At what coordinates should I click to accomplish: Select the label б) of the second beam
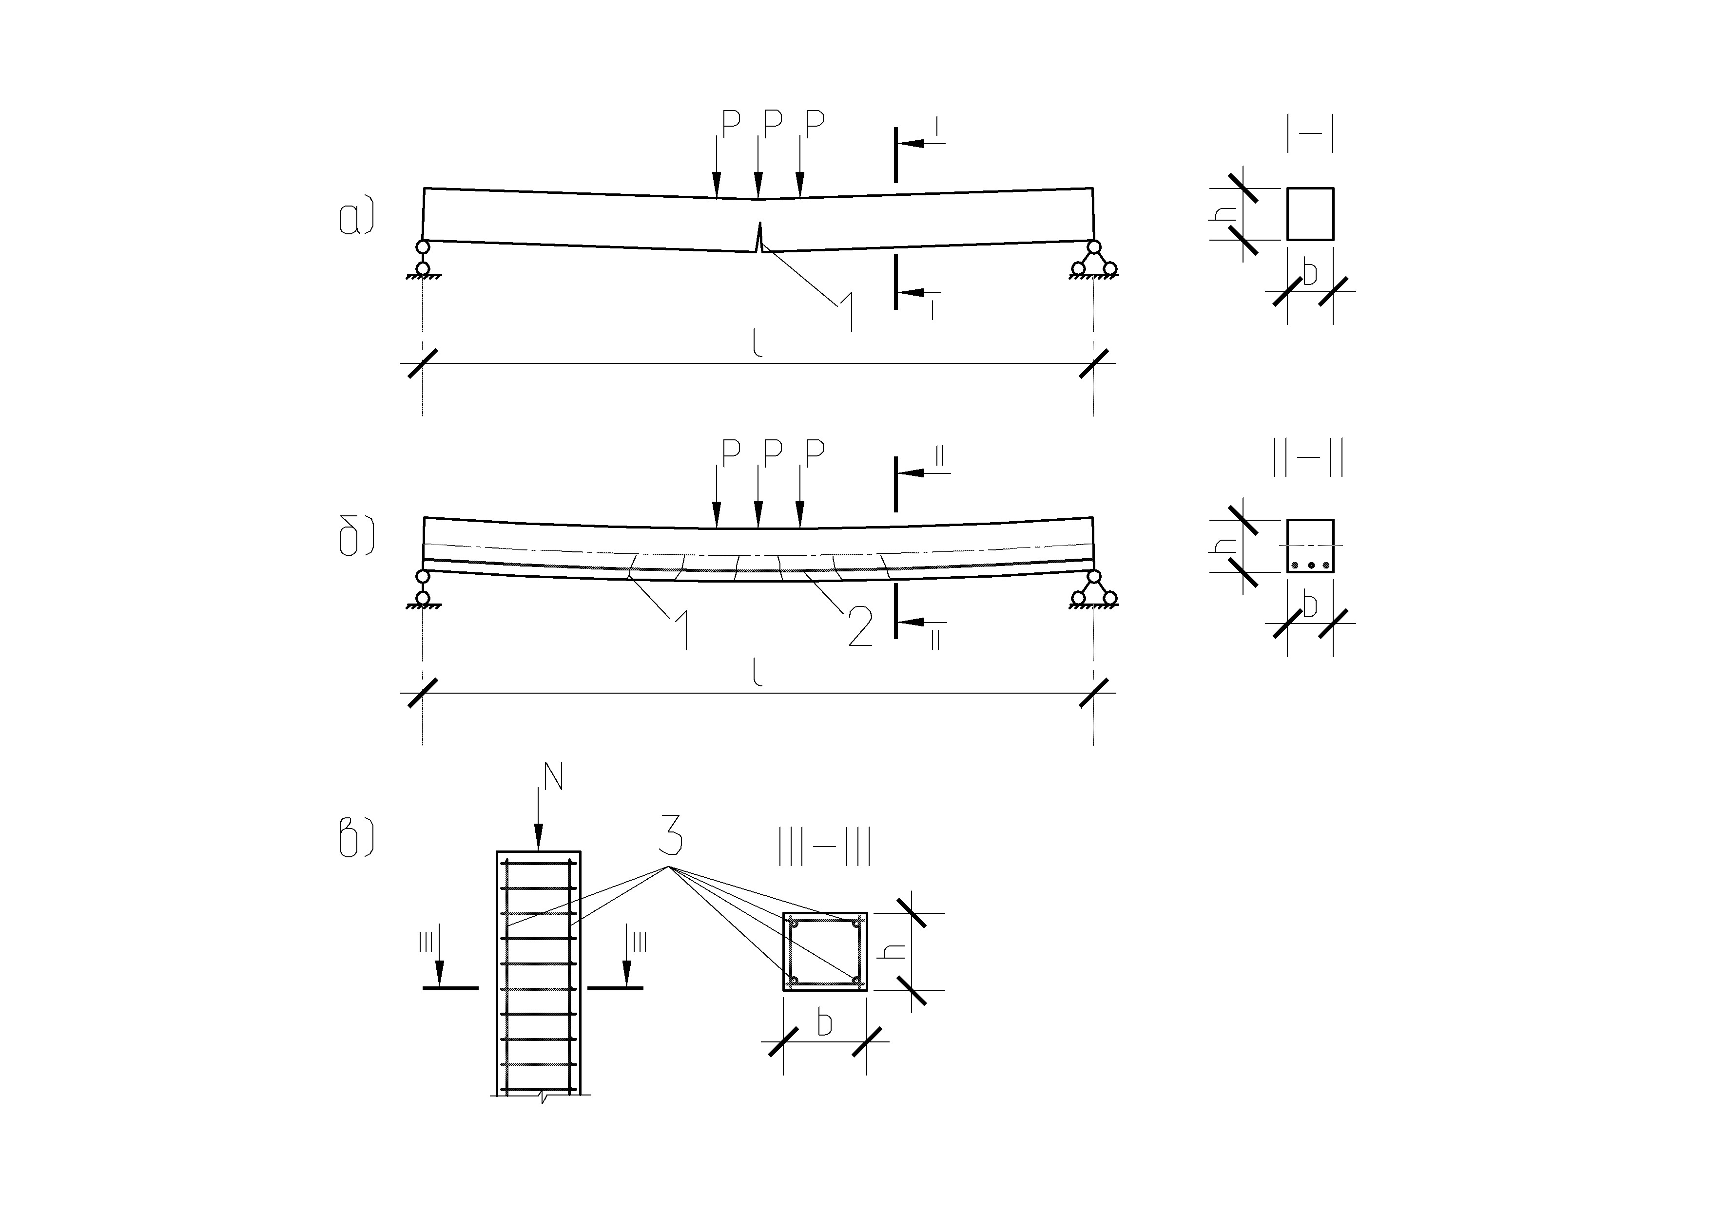[x=356, y=538]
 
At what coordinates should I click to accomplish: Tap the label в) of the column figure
[x=356, y=839]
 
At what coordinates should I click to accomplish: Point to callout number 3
[x=670, y=835]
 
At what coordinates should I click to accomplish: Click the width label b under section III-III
[x=824, y=1024]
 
